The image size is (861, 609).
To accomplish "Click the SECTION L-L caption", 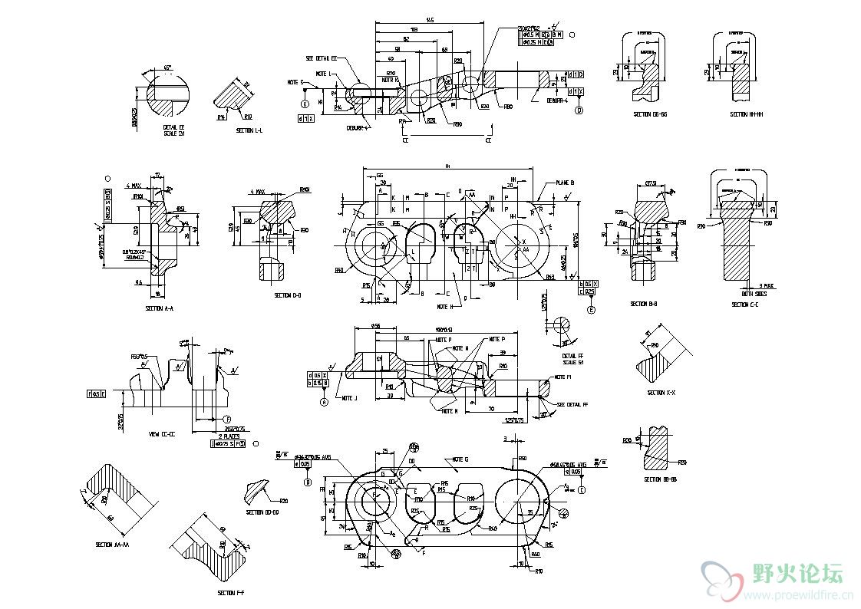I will [x=249, y=131].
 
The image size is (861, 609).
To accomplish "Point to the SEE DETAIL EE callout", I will [x=322, y=58].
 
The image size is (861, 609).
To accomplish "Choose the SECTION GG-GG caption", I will [x=650, y=114].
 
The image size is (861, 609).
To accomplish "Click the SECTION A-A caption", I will [x=160, y=308].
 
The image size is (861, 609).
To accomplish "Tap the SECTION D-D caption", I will [x=288, y=295].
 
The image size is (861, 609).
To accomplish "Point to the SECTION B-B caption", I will [x=644, y=304].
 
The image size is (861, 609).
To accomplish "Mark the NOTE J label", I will [x=350, y=398].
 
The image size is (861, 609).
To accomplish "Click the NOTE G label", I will [x=461, y=459].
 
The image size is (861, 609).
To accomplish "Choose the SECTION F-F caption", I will [x=230, y=593].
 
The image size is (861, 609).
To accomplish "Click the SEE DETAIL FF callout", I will [x=572, y=404].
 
